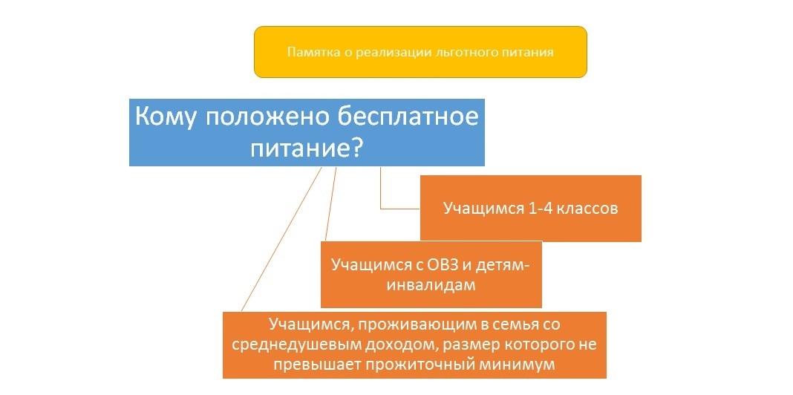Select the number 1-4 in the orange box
[538, 209]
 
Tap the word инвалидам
[431, 285]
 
